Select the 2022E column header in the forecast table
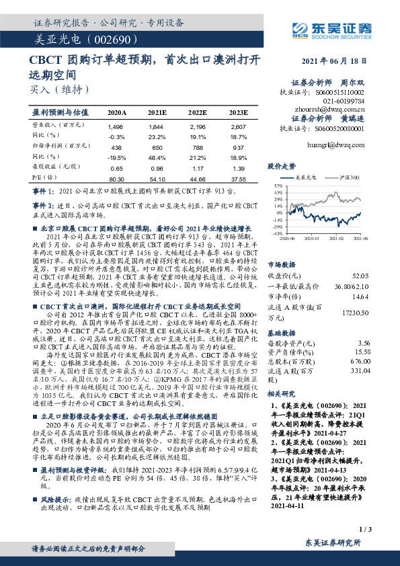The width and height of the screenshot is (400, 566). point(198,113)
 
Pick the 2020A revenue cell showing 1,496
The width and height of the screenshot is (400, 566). point(116,126)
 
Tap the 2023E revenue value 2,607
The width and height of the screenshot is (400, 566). point(238,126)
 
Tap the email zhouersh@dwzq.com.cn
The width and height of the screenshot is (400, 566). point(330,108)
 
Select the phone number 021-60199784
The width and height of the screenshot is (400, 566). point(343,98)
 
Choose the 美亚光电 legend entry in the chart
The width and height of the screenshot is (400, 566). point(306,177)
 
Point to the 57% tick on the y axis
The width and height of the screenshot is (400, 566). point(277,184)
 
